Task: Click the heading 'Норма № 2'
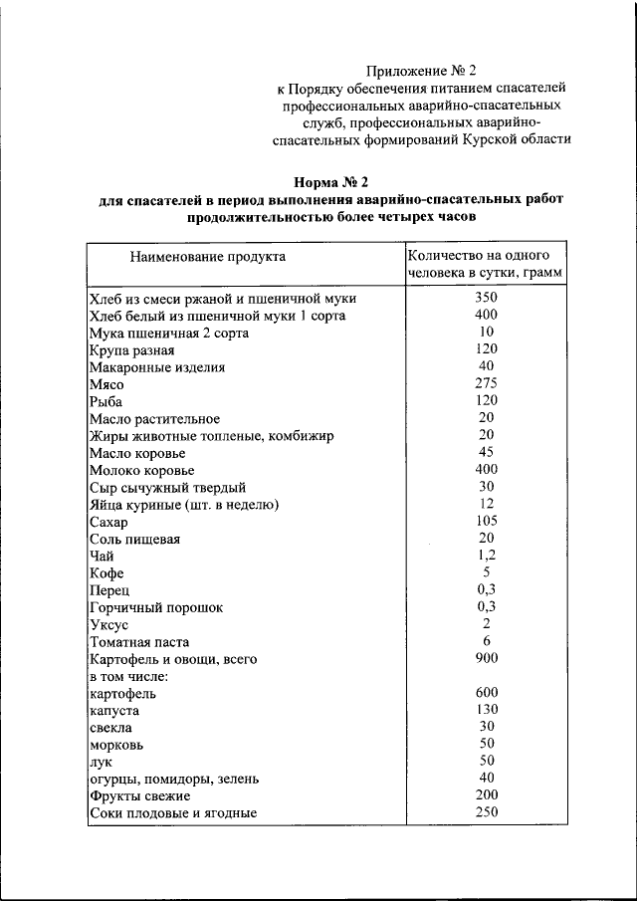click(x=331, y=181)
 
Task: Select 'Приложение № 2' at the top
click(x=422, y=71)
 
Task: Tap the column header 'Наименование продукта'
click(x=207, y=257)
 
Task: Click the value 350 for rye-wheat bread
click(x=486, y=298)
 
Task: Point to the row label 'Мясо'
click(x=106, y=383)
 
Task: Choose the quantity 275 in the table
click(x=486, y=382)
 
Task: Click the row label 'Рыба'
click(x=105, y=401)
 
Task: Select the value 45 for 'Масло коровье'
click(x=486, y=451)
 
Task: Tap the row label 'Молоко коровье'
click(x=141, y=470)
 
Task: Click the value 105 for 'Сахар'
click(x=486, y=520)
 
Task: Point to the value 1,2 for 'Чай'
click(x=486, y=555)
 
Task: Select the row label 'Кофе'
click(x=106, y=573)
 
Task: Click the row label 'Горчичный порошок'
click(x=156, y=607)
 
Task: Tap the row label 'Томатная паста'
click(x=139, y=642)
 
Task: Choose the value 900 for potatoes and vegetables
click(x=486, y=658)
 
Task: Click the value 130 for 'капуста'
click(x=486, y=710)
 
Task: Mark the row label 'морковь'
click(x=116, y=745)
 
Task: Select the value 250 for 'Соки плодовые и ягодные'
click(x=486, y=812)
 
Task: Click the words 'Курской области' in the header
click(x=516, y=139)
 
